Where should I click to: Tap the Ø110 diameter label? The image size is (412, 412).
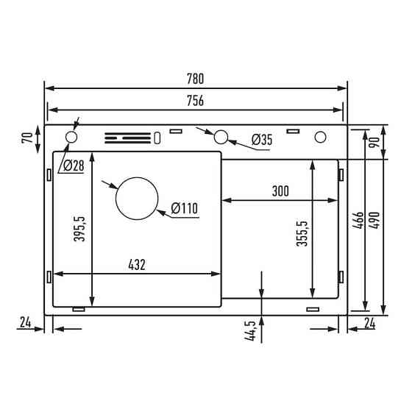184,209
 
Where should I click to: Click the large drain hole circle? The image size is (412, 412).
137,198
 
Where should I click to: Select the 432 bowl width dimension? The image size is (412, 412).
138,266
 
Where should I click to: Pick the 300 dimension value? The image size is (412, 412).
279,191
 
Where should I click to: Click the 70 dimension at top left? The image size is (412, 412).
26,137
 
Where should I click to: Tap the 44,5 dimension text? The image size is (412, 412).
251,330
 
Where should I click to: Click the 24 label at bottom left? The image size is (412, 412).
24,321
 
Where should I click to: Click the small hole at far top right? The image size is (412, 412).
321,137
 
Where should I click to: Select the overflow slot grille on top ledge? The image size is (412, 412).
127,138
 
